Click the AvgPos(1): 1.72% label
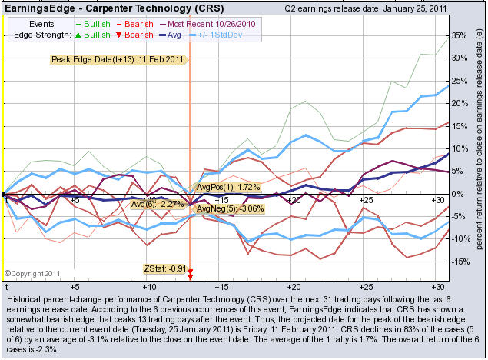click(229, 187)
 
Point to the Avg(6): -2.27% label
click(156, 204)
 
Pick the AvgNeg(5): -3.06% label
click(231, 208)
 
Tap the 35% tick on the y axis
click(459, 35)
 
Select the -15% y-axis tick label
click(458, 262)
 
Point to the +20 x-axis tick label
click(293, 200)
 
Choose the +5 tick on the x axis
click(75, 200)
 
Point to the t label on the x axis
click(7, 200)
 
